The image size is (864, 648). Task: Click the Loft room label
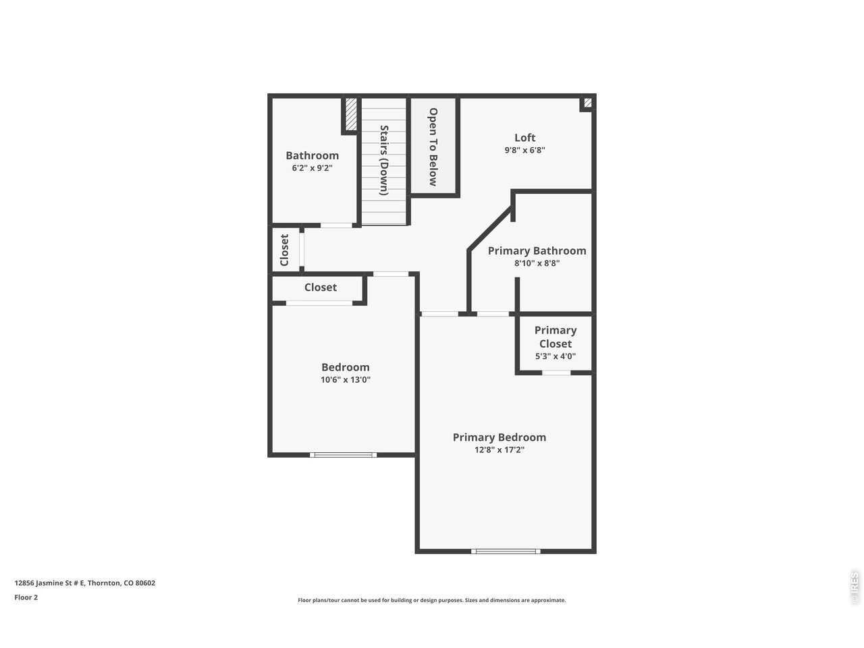pyautogui.click(x=524, y=138)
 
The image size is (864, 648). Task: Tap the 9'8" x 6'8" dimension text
pyautogui.click(x=524, y=150)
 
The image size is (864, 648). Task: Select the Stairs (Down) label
pyautogui.click(x=384, y=160)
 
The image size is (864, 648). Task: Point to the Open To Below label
pyautogui.click(x=433, y=146)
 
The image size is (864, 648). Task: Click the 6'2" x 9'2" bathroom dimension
pyautogui.click(x=312, y=168)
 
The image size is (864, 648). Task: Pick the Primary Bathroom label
pyautogui.click(x=537, y=251)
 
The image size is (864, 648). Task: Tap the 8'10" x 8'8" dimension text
pyautogui.click(x=537, y=263)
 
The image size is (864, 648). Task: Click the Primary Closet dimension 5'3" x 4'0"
pyautogui.click(x=556, y=356)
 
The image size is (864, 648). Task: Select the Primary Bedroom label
pyautogui.click(x=499, y=437)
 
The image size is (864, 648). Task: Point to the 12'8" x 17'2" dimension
pyautogui.click(x=499, y=450)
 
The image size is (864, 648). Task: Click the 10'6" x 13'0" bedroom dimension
pyautogui.click(x=346, y=379)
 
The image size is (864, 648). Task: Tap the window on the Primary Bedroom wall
pyautogui.click(x=506, y=551)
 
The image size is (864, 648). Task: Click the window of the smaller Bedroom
pyautogui.click(x=344, y=455)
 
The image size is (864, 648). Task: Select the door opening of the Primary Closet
pyautogui.click(x=556, y=373)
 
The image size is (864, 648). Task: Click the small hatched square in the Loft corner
pyautogui.click(x=588, y=103)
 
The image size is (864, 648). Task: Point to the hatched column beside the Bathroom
pyautogui.click(x=351, y=114)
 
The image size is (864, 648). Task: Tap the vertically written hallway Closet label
pyautogui.click(x=284, y=250)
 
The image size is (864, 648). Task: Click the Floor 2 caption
pyautogui.click(x=26, y=597)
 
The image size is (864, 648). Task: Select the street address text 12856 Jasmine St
pyautogui.click(x=49, y=583)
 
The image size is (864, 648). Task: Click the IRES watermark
pyautogui.click(x=855, y=588)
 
